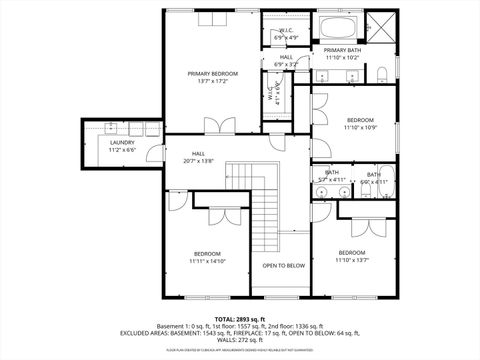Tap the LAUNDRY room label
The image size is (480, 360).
(122, 143)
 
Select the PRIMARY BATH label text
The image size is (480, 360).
(342, 50)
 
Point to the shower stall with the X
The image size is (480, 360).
(381, 25)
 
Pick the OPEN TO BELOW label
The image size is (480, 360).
(283, 266)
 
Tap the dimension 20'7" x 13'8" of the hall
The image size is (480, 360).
(200, 161)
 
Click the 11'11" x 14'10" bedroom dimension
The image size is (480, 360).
(209, 261)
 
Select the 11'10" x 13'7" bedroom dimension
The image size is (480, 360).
(353, 259)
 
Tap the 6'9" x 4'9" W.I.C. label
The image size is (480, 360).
(286, 37)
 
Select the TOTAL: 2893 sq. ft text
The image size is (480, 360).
(239, 318)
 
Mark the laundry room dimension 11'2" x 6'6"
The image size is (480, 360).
(122, 150)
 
